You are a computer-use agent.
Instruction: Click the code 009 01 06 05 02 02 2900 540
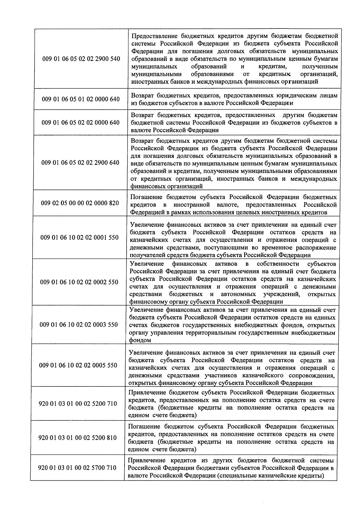click(x=81, y=59)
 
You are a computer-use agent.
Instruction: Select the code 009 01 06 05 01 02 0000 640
click(x=81, y=99)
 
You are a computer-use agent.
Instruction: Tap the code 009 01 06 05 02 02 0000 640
click(x=80, y=122)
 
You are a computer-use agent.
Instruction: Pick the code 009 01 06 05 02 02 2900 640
click(x=80, y=163)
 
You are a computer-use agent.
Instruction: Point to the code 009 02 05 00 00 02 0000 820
click(x=80, y=203)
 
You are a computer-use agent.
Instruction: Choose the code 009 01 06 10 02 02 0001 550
click(x=79, y=237)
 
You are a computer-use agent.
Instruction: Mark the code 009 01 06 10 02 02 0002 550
click(x=79, y=282)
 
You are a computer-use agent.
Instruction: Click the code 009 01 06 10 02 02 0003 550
click(x=79, y=325)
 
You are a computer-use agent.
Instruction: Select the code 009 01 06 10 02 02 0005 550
click(x=79, y=365)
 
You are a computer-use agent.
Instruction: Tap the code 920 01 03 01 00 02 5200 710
click(x=78, y=404)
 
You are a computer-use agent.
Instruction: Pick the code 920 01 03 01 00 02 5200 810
click(x=78, y=438)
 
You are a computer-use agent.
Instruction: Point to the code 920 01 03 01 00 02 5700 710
click(x=77, y=468)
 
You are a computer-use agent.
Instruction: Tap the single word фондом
click(x=139, y=340)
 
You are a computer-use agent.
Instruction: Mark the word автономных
click(x=238, y=294)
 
